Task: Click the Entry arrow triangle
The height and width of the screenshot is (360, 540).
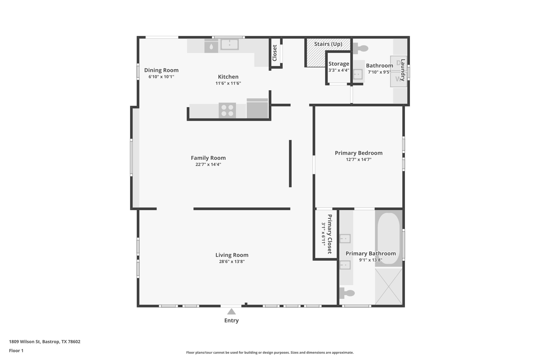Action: pos(231,312)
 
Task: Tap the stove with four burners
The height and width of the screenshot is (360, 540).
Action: pos(227,111)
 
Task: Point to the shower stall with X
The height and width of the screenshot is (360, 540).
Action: pos(389,286)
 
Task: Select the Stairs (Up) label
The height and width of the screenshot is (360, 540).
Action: pos(328,44)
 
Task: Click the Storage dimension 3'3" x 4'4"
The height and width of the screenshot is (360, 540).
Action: pos(339,70)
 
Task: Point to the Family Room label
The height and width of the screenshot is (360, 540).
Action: pos(208,158)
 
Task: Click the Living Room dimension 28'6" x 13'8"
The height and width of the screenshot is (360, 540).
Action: pos(232,262)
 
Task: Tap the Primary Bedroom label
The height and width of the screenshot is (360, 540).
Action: pos(359,153)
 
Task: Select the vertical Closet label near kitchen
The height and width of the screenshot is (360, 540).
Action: pos(274,53)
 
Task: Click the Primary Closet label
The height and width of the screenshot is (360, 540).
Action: pos(330,234)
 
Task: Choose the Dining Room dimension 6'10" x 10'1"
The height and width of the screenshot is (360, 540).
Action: pos(161,77)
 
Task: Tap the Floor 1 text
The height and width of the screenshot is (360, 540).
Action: pos(16,351)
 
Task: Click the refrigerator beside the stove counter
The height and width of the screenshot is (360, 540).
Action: pos(257,108)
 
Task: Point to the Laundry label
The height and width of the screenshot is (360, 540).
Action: pos(403,70)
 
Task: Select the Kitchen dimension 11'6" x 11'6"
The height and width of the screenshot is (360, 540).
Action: pos(228,83)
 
